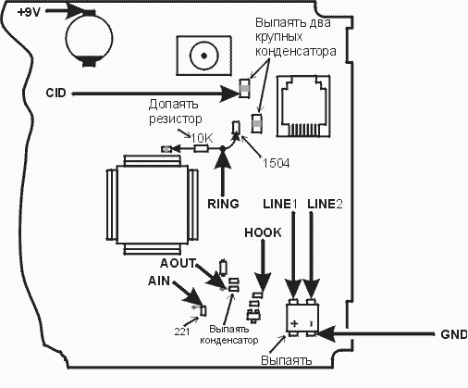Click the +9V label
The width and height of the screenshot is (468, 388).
pyautogui.click(x=29, y=13)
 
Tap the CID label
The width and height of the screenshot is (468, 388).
pyautogui.click(x=55, y=93)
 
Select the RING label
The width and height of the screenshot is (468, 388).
pyautogui.click(x=223, y=204)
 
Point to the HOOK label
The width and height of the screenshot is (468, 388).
pyautogui.click(x=263, y=232)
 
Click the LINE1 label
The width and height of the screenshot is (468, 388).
pyautogui.click(x=279, y=204)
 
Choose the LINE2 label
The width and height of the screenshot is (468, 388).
pyautogui.click(x=325, y=204)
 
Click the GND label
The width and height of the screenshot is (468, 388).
pyautogui.click(x=454, y=334)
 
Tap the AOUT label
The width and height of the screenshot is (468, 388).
pyautogui.click(x=178, y=263)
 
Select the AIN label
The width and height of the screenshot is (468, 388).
pyautogui.click(x=159, y=281)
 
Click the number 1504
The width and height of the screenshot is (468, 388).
pyautogui.click(x=276, y=163)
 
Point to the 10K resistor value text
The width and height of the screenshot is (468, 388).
pyautogui.click(x=202, y=139)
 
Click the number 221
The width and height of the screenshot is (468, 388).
pyautogui.click(x=182, y=332)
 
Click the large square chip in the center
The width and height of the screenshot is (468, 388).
pyautogui.click(x=152, y=205)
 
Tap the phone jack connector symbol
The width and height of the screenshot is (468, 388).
pyautogui.click(x=303, y=106)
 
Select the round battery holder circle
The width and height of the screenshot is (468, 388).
pyautogui.click(x=89, y=37)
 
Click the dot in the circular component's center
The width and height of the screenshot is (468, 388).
pyautogui.click(x=203, y=56)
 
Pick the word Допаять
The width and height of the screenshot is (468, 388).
pyautogui.click(x=173, y=105)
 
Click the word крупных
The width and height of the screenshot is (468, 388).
pyautogui.click(x=278, y=37)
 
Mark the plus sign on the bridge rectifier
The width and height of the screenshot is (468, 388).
pyautogui.click(x=295, y=323)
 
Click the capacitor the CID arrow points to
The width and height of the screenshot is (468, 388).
pyautogui.click(x=244, y=88)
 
